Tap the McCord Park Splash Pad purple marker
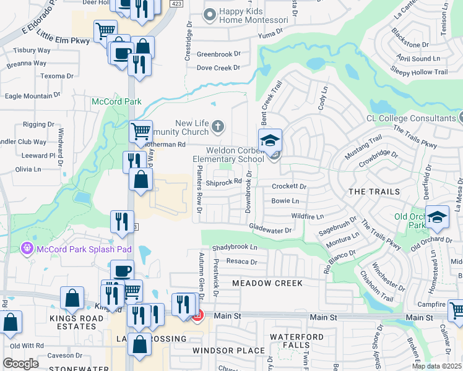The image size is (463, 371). tap(27, 249)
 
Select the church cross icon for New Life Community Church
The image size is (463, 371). tap(217, 127)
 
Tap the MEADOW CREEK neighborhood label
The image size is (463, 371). tap(267, 283)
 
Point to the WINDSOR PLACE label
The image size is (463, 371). tap(220, 351)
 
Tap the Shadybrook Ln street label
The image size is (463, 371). tap(235, 247)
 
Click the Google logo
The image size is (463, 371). tap(20, 364)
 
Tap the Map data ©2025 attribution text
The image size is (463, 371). tap(436, 366)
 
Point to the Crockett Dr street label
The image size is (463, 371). tap(289, 186)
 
